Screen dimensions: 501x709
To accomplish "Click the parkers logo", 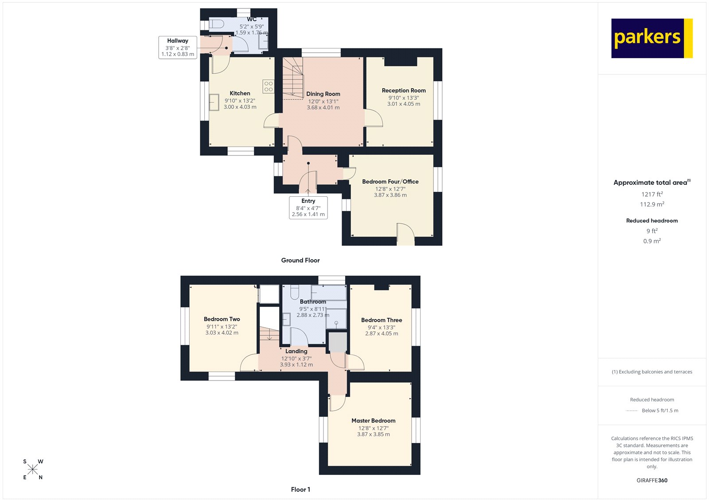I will [651, 38].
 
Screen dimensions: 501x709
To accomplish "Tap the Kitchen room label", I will [240, 93].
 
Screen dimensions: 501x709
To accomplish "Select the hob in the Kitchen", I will [269, 86].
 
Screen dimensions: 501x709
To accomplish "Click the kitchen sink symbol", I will [214, 102].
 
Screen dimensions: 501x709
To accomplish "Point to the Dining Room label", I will [323, 94].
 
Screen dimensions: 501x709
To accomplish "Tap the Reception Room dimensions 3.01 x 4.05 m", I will [404, 104].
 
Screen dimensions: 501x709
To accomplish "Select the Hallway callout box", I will [178, 47].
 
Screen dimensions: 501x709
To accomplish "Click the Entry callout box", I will [308, 207].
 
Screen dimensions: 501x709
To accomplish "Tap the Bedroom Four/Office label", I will [390, 182].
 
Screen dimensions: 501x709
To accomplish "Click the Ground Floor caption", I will [300, 260].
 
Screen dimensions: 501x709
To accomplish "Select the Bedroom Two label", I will [222, 319].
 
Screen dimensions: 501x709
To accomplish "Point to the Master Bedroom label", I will [373, 421].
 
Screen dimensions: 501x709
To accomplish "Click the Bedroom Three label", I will [382, 320].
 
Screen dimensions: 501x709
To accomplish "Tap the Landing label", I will [296, 351].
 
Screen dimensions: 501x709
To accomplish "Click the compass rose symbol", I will [33, 470].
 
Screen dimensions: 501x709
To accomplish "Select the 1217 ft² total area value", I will [652, 194].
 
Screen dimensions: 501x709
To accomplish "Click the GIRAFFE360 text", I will [652, 480].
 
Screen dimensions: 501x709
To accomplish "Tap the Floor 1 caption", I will [300, 489].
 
